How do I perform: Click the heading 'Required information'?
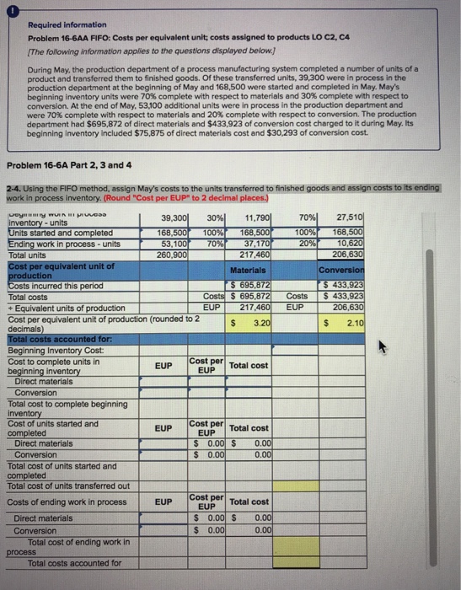click(62, 25)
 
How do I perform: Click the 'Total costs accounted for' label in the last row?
click(74, 562)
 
